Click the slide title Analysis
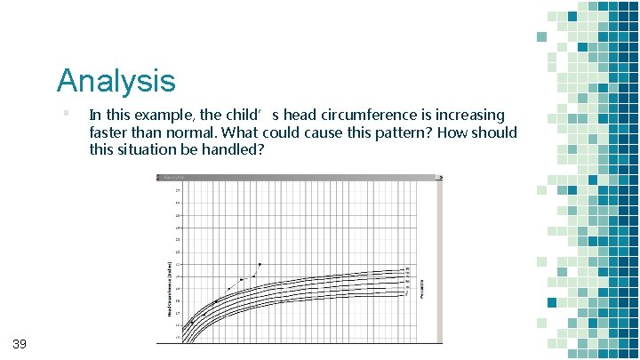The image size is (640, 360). pos(116,81)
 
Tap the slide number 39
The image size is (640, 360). pos(20,344)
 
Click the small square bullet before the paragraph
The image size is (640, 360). pos(66,113)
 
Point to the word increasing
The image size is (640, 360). pos(463,116)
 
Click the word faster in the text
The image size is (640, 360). pos(110,132)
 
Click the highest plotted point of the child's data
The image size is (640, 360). pos(260,264)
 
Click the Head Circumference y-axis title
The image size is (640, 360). pos(169,284)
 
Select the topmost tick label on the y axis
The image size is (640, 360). pos(177,190)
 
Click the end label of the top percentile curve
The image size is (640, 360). pos(408,268)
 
